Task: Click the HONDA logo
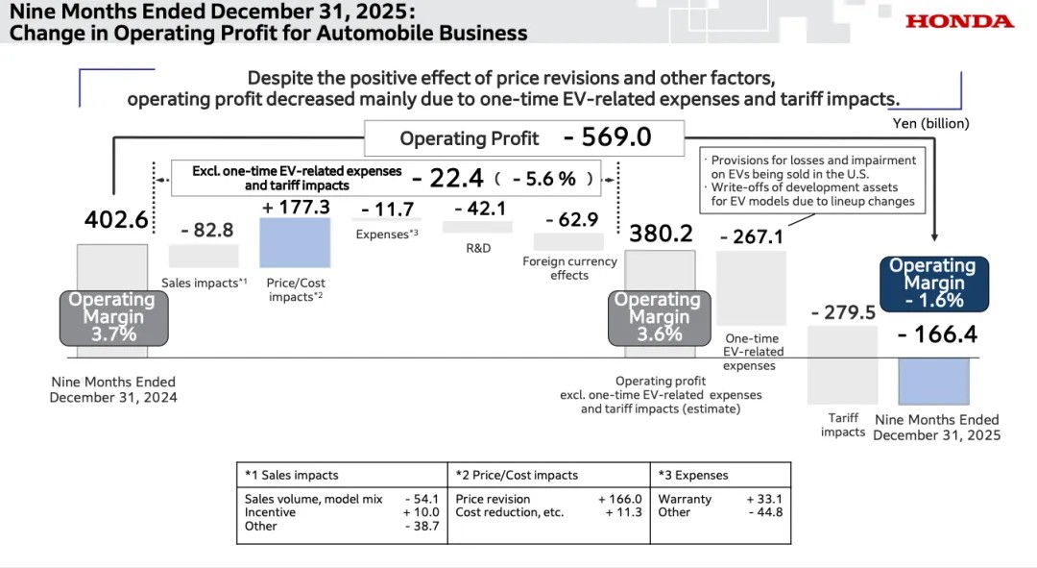click(x=959, y=21)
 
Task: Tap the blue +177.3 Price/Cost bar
click(x=295, y=242)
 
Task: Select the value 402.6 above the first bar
click(x=117, y=220)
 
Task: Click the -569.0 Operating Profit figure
click(x=607, y=137)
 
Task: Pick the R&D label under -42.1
click(x=478, y=248)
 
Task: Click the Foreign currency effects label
click(x=568, y=268)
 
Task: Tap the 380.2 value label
click(x=660, y=234)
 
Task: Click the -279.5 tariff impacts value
click(x=843, y=312)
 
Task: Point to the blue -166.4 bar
click(x=933, y=381)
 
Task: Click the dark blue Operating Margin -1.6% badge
click(x=933, y=284)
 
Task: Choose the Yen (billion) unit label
click(x=931, y=123)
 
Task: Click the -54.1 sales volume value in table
click(x=422, y=499)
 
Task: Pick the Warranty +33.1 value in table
click(x=764, y=499)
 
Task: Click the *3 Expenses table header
click(x=693, y=475)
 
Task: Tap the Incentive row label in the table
click(x=270, y=512)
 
